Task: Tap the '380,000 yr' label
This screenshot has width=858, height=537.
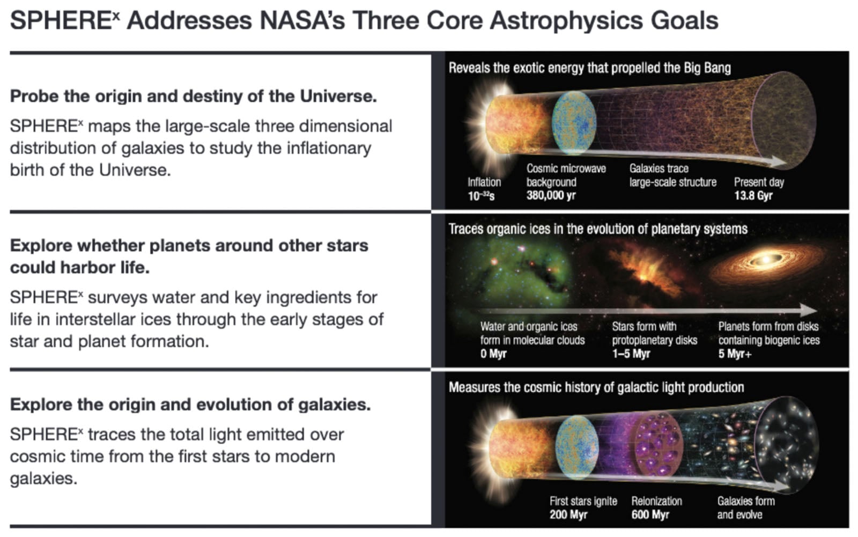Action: click(551, 195)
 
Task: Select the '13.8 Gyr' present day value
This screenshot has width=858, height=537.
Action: click(753, 195)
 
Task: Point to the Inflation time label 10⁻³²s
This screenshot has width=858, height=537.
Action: click(481, 196)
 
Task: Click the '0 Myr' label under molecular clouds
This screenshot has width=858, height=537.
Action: click(493, 354)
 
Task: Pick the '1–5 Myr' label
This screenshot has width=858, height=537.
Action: click(631, 354)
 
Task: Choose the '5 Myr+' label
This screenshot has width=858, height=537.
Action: click(735, 354)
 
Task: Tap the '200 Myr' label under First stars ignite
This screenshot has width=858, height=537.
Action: click(568, 515)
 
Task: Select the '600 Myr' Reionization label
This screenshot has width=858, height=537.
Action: click(650, 515)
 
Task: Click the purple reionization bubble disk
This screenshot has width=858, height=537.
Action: click(657, 445)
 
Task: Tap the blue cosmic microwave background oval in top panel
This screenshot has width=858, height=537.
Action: click(574, 122)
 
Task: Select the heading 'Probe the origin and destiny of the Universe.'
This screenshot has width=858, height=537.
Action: click(193, 96)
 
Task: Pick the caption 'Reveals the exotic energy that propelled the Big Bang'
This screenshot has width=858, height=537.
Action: click(589, 68)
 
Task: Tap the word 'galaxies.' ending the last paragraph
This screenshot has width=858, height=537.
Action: click(43, 479)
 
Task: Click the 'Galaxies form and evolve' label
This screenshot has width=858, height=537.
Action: click(745, 507)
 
